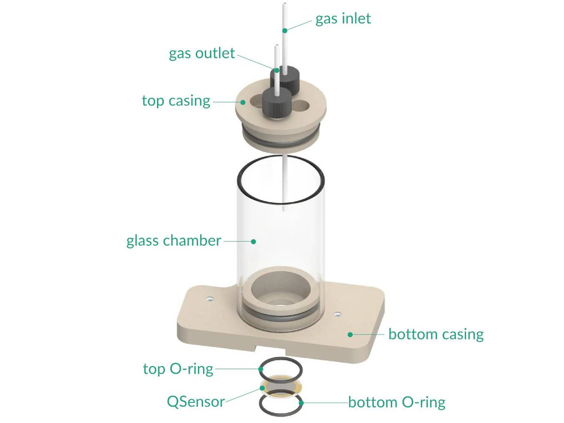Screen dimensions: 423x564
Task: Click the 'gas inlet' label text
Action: click(343, 19)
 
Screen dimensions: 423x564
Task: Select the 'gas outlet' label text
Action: click(202, 54)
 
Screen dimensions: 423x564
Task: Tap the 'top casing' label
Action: click(176, 101)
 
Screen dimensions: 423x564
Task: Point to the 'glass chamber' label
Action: click(173, 241)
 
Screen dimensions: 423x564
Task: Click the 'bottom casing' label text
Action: click(436, 334)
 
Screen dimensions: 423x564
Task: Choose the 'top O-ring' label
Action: click(178, 369)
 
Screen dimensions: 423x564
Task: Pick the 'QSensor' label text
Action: click(196, 401)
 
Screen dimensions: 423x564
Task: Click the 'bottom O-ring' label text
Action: click(396, 402)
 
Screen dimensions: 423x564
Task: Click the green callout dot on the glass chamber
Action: click(253, 241)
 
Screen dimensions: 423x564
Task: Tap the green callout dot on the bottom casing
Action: click(350, 334)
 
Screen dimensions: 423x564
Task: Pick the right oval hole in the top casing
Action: click(302, 106)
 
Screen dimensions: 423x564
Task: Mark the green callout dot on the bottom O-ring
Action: click(301, 402)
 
